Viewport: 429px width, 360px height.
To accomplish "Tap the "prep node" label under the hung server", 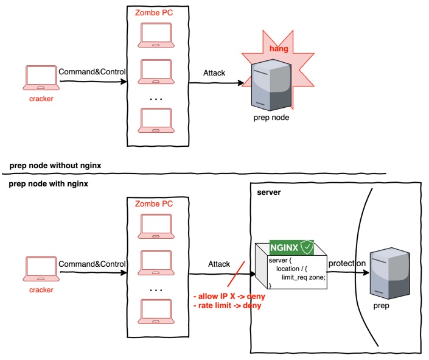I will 271,118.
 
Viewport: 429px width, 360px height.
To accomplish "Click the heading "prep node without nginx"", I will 54,165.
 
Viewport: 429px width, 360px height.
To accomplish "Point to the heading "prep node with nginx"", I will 48,184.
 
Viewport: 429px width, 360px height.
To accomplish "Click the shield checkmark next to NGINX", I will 307,248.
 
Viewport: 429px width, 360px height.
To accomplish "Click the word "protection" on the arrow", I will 347,264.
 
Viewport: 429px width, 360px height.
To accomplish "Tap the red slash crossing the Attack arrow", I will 235,274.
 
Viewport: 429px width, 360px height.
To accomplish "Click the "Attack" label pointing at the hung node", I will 214,73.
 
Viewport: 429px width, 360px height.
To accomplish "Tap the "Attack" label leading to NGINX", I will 219,264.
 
